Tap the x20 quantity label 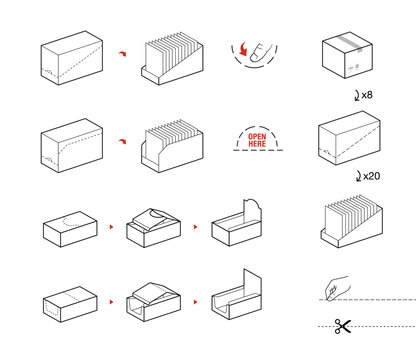tap(372, 176)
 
